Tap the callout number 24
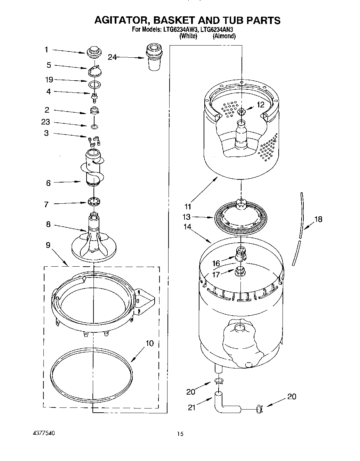(x=112, y=57)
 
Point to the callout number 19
(x=49, y=80)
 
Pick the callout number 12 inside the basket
(x=261, y=104)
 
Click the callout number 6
(x=49, y=183)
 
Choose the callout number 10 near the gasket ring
(x=149, y=344)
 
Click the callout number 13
(x=187, y=217)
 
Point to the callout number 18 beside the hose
(x=318, y=219)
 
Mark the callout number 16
(x=216, y=264)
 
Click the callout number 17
(x=216, y=275)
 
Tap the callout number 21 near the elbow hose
(x=192, y=407)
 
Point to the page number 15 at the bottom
(x=180, y=434)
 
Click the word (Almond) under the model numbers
(x=224, y=36)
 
